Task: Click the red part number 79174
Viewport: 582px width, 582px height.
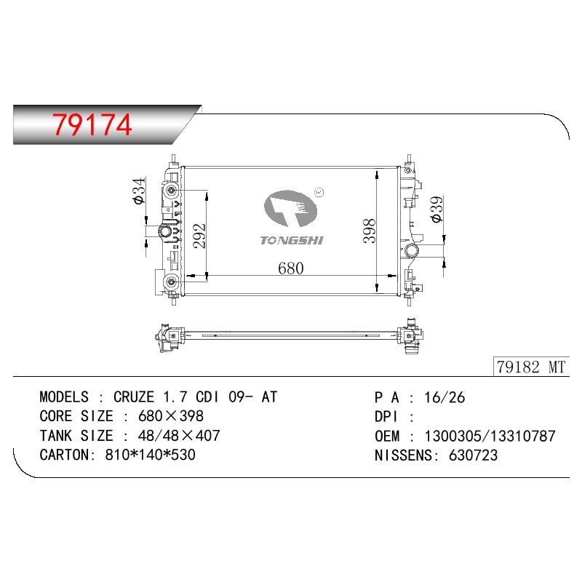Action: coord(92,124)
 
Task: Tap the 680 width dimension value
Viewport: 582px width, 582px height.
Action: coord(290,268)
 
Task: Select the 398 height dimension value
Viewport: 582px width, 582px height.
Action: coord(370,231)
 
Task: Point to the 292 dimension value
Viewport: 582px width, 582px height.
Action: coord(199,236)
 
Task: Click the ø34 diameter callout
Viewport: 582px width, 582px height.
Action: coord(138,191)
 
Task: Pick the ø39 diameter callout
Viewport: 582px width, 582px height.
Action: coord(437,209)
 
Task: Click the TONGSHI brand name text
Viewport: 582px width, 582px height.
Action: coord(292,241)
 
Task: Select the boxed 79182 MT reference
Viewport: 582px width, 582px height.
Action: coord(531,367)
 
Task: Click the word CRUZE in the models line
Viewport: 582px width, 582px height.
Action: coord(134,397)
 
